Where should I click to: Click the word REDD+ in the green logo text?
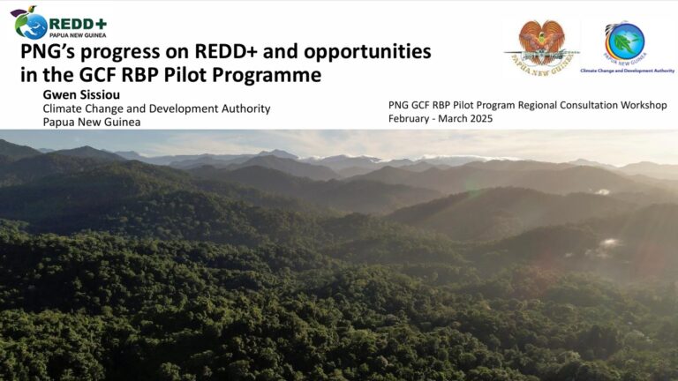tap(78, 24)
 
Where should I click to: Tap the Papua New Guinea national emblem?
tap(542, 48)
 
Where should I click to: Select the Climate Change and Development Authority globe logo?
tap(624, 42)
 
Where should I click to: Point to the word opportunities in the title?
tap(367, 52)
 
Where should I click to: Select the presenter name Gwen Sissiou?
tap(81, 94)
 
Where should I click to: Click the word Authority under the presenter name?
tap(245, 108)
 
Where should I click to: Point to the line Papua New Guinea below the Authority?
tap(92, 123)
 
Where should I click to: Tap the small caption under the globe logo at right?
tap(628, 71)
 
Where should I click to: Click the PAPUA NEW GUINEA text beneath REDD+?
tap(78, 35)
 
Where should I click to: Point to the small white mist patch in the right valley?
tap(610, 243)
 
